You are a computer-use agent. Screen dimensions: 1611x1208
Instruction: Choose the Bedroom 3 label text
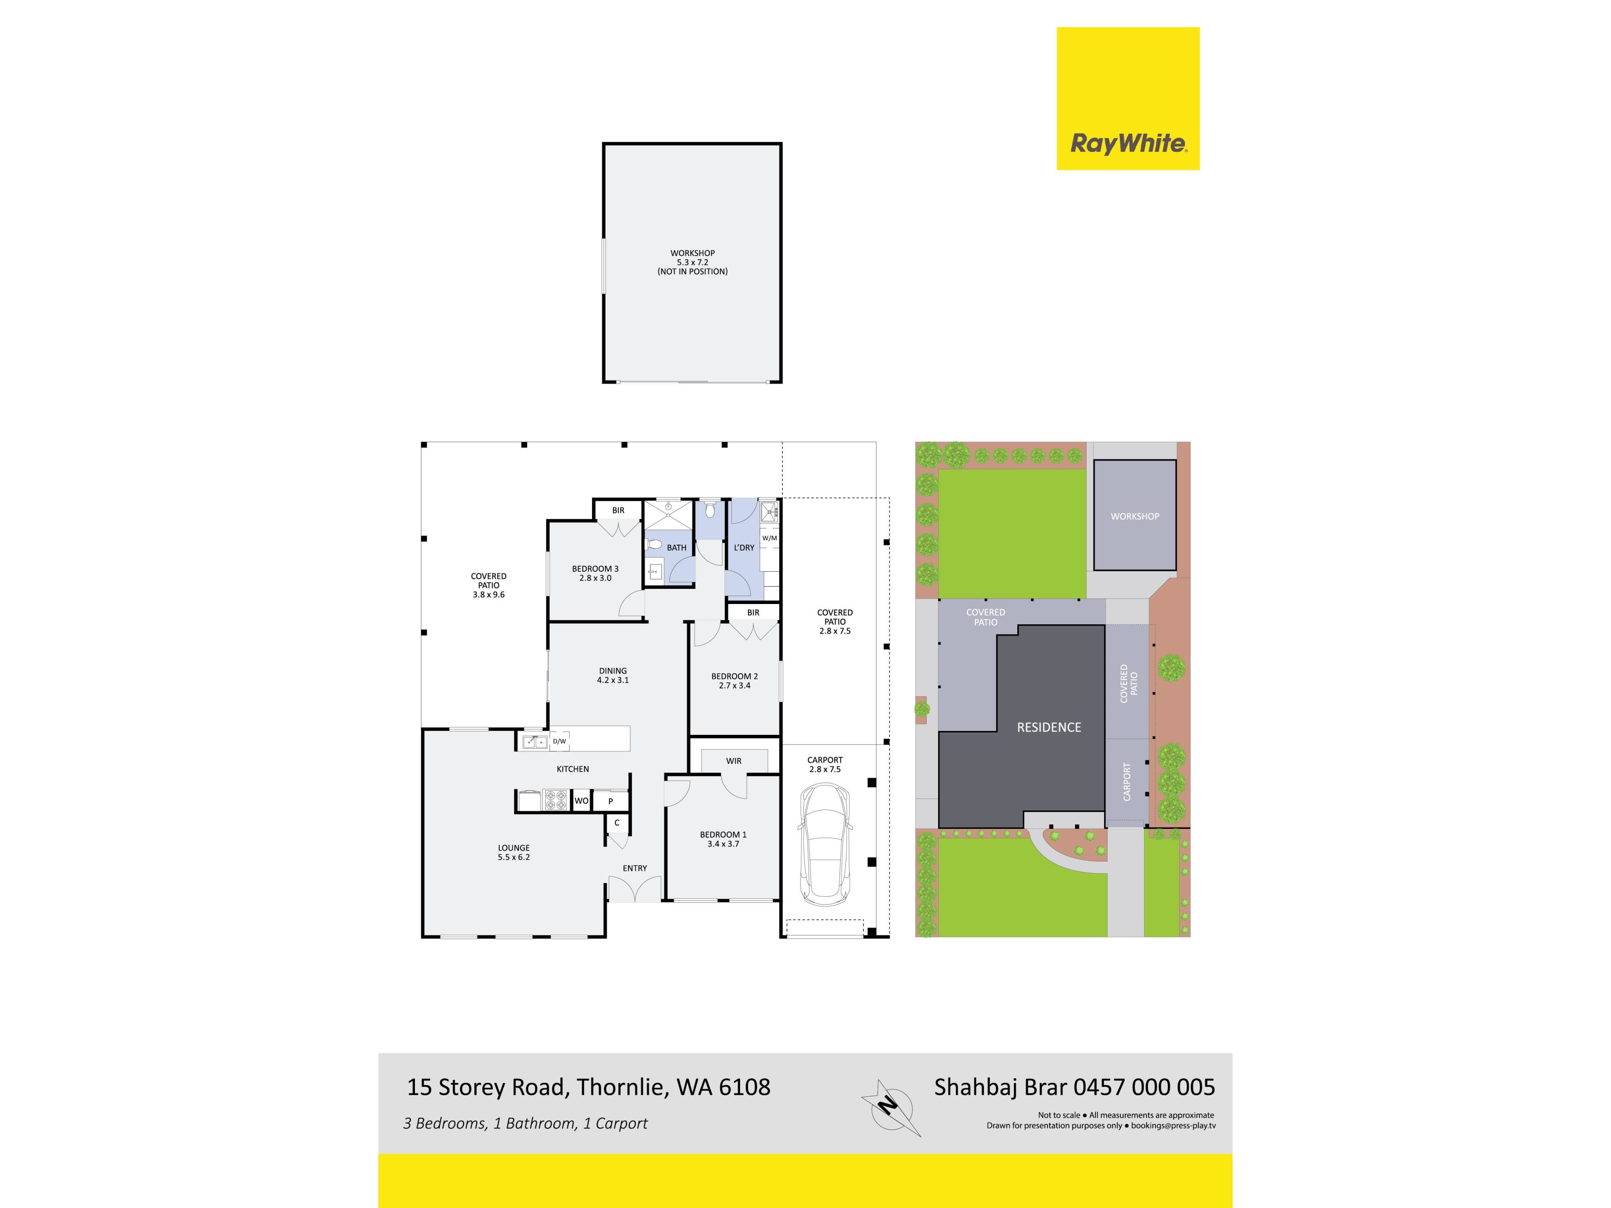[595, 569]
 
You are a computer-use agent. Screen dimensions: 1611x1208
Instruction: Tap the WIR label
[733, 761]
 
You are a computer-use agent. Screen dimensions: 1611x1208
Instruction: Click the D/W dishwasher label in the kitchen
[559, 741]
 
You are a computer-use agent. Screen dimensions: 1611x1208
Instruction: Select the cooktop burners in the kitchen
[556, 800]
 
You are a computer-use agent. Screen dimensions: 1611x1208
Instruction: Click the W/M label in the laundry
[769, 538]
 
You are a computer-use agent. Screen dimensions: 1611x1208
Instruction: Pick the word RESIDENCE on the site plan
[1049, 727]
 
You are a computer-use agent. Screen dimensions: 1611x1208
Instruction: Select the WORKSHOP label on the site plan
[1135, 516]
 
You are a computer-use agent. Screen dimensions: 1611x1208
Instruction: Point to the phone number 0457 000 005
[1144, 1087]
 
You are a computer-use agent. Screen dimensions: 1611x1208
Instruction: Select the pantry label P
[610, 801]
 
